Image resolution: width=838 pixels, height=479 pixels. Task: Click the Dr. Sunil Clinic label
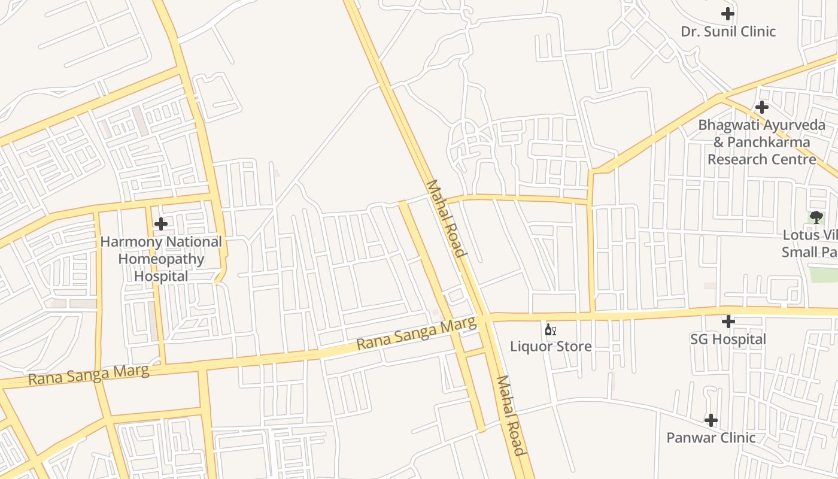(x=728, y=31)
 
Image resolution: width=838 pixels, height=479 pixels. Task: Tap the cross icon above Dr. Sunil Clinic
(x=728, y=13)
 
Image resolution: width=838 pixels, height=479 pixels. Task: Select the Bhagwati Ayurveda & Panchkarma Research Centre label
(x=761, y=143)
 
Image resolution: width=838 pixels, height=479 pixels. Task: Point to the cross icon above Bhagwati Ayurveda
(x=761, y=107)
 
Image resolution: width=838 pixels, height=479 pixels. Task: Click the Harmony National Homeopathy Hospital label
(x=161, y=259)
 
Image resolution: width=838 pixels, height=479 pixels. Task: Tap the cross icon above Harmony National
(x=161, y=224)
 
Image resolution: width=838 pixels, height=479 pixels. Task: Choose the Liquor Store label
(x=551, y=346)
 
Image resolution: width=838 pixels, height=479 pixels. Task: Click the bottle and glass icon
(x=551, y=329)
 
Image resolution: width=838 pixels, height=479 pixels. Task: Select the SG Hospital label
(x=728, y=339)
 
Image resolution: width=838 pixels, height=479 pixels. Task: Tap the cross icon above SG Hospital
(x=728, y=322)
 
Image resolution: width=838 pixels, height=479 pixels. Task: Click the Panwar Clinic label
(x=711, y=438)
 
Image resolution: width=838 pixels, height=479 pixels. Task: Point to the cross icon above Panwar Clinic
(x=711, y=420)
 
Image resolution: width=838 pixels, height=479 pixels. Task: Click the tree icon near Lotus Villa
(x=815, y=217)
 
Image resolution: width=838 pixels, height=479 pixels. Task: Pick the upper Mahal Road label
(x=445, y=219)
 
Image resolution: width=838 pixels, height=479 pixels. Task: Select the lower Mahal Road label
(x=511, y=416)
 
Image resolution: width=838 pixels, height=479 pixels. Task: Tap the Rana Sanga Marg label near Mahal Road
(x=417, y=334)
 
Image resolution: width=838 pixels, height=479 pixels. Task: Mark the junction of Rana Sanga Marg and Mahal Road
(x=486, y=317)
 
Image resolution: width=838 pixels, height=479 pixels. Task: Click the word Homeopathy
(x=161, y=259)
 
